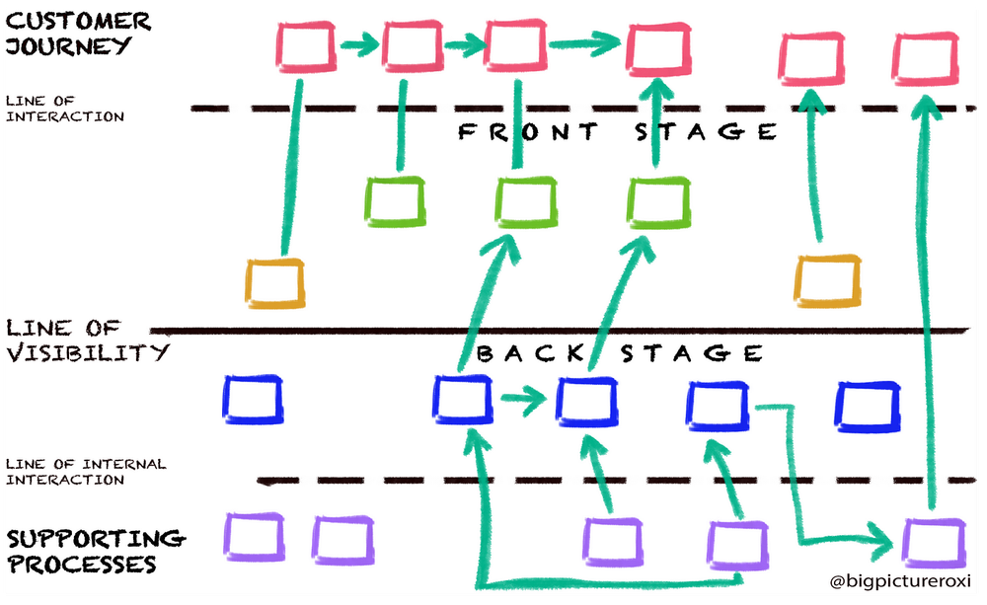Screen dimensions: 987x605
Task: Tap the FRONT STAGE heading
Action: coord(617,131)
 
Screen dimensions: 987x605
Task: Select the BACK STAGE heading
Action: coord(620,353)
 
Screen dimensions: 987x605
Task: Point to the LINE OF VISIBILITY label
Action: coord(87,340)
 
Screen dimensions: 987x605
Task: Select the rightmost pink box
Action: coord(925,56)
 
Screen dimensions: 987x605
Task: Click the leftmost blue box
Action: coord(252,399)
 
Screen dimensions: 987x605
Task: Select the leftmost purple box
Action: coord(254,537)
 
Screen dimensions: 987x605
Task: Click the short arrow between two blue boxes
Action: coord(522,400)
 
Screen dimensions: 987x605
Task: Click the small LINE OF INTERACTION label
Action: coord(65,109)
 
